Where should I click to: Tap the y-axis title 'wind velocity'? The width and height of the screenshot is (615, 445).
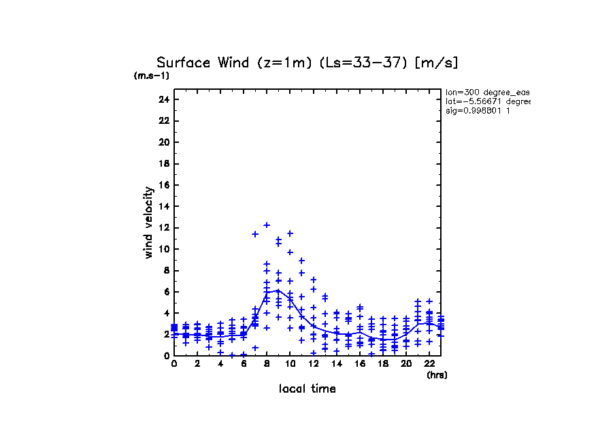(148, 222)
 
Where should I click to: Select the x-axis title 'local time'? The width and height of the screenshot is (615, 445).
(307, 389)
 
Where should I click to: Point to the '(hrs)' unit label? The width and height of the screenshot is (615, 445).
(437, 375)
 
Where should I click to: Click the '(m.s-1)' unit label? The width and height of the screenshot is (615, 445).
(151, 76)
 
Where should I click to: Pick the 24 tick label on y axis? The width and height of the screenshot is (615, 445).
(163, 99)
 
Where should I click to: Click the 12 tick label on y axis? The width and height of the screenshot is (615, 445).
(163, 227)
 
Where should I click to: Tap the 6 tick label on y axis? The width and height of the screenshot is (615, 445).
(165, 291)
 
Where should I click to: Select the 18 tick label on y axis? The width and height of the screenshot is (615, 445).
(163, 163)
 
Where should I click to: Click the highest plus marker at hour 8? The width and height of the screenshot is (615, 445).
(267, 225)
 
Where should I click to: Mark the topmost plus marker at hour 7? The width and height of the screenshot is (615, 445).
(255, 234)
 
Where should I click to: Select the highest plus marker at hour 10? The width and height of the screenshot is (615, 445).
(290, 233)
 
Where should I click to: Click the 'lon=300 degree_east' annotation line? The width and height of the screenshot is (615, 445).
(487, 92)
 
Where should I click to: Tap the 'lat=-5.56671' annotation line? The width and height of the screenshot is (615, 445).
(487, 101)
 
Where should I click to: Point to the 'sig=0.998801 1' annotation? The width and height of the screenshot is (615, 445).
(478, 110)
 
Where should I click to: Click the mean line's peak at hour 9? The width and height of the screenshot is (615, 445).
(278, 290)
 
